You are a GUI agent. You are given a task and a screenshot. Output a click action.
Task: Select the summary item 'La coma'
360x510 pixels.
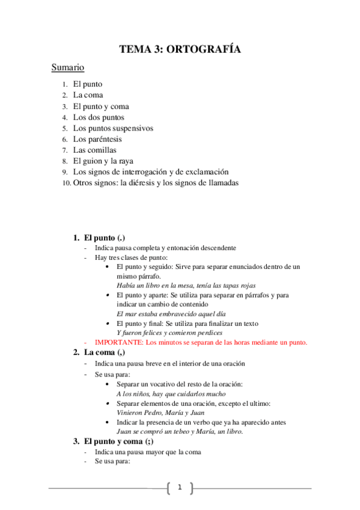click(88, 95)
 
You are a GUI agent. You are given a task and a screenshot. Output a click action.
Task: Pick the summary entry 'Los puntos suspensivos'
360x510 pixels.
click(113, 128)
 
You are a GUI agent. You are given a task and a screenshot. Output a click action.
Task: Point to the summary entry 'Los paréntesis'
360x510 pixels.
click(97, 139)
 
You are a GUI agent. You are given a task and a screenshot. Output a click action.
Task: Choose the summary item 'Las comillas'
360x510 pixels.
click(94, 150)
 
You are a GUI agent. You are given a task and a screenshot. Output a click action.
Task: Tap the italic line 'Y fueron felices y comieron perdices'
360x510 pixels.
click(170, 333)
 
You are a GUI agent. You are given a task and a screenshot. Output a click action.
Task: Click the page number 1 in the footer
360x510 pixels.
click(179, 487)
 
